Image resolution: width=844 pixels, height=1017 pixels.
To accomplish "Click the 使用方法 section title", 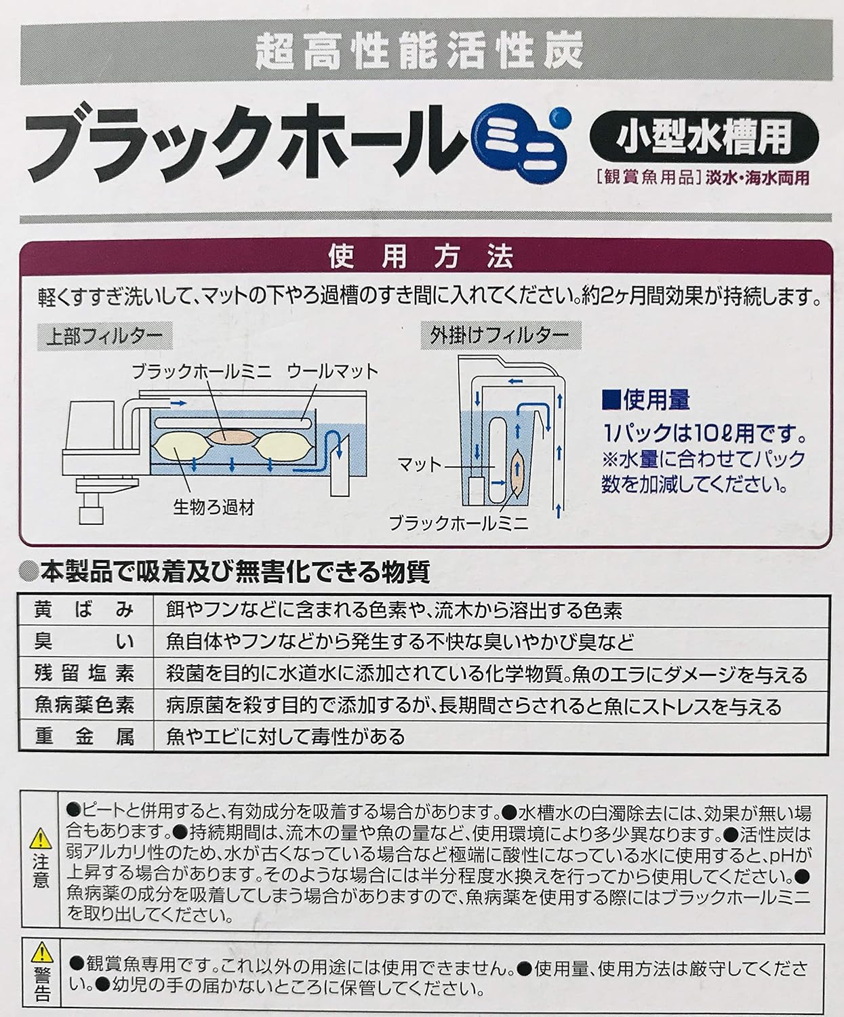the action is [420, 257].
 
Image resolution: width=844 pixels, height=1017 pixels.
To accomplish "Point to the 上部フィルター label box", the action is [104, 336].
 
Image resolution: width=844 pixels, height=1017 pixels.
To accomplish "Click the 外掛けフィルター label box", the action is [500, 336].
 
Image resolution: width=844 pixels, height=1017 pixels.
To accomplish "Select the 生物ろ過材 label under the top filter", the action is [214, 509].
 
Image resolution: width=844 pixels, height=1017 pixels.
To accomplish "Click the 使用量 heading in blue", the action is [646, 401].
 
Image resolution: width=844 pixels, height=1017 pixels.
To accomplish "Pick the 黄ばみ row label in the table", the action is [84, 610].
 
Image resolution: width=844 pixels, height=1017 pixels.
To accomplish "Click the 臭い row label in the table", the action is [84, 642].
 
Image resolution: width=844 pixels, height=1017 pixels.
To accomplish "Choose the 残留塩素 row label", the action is [84, 674].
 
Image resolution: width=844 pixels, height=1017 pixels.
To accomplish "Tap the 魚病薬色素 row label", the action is [84, 705].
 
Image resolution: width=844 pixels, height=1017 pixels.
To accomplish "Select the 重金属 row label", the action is [84, 736].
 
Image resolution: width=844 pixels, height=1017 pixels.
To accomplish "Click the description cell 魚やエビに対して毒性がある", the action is [285, 736].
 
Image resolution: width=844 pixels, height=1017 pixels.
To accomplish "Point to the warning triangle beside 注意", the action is [41, 838].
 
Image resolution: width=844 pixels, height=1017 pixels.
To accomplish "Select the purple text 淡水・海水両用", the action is [758, 178].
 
